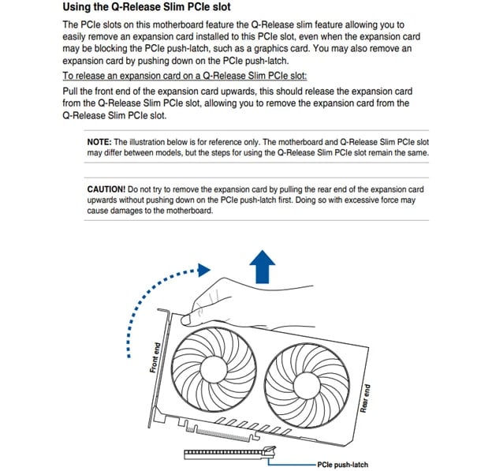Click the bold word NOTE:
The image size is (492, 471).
(x=101, y=141)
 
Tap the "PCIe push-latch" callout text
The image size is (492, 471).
(x=342, y=465)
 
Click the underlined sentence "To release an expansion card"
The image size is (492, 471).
(x=184, y=76)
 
